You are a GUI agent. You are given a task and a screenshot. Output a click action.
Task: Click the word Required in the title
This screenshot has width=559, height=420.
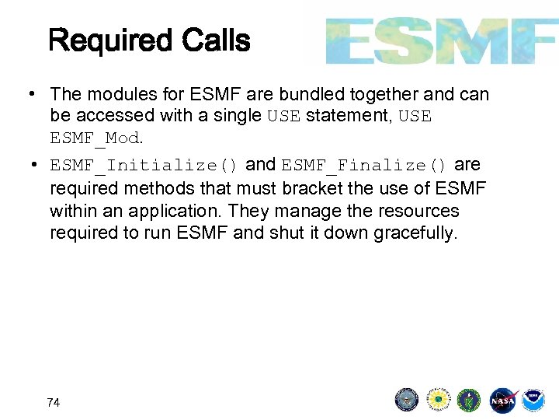coord(109,40)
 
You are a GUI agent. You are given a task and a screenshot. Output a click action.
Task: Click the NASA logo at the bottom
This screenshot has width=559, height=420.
coord(502,401)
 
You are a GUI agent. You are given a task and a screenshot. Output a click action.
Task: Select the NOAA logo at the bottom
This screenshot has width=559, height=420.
coord(533,401)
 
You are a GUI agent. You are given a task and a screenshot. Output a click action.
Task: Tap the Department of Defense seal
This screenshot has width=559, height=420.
coord(407,401)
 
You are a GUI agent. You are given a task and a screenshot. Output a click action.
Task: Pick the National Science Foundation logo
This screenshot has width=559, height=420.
coord(439,401)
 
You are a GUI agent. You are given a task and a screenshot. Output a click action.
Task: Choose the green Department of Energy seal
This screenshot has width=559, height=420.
coord(469,401)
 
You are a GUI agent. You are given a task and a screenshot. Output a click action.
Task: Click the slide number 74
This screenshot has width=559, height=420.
coord(54,402)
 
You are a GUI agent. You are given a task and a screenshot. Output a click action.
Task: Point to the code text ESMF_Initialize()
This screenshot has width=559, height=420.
coord(144,166)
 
